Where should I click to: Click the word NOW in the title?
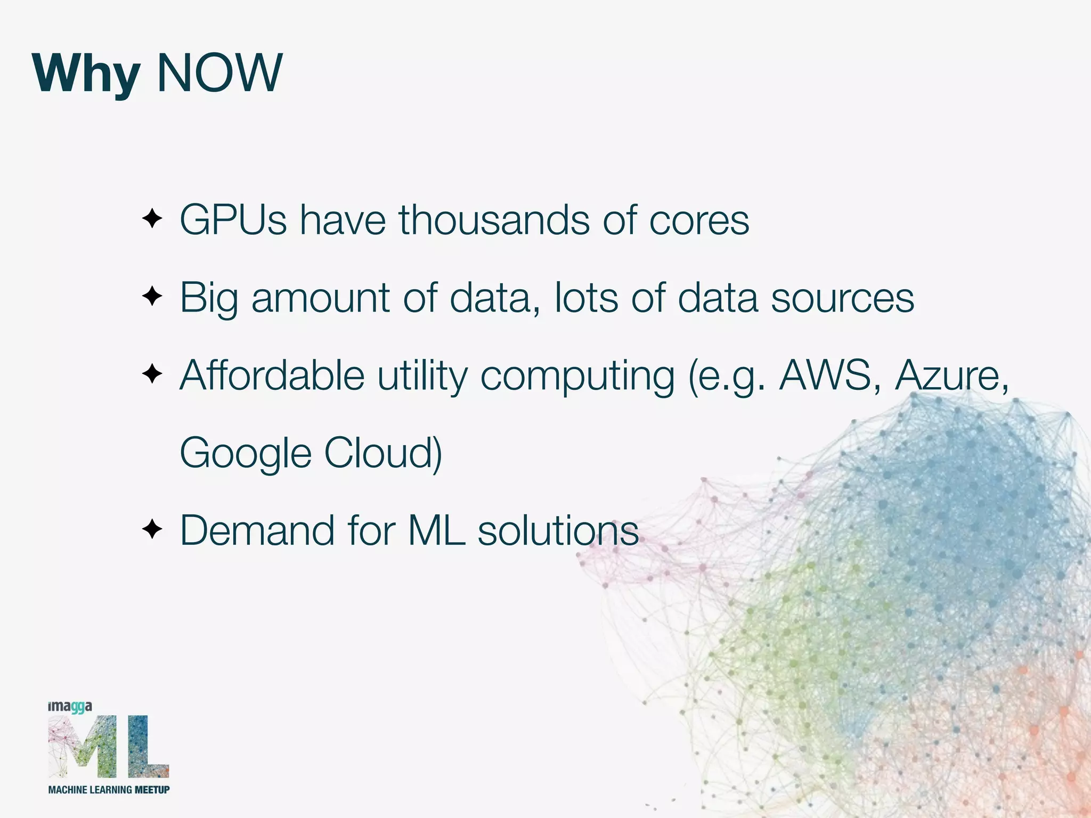click(x=219, y=73)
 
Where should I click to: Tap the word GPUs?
click(x=233, y=220)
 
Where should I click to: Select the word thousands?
click(x=494, y=220)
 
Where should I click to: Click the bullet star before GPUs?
click(x=152, y=219)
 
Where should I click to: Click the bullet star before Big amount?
click(x=152, y=296)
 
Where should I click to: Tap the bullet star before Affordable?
click(x=152, y=374)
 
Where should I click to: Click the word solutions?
click(x=558, y=530)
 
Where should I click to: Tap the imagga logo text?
click(x=70, y=707)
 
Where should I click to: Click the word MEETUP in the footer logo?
click(x=152, y=790)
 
